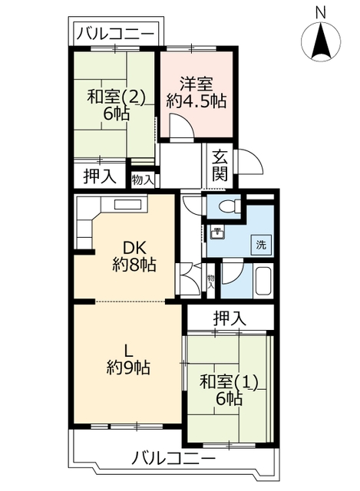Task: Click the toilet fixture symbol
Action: click(x=230, y=206)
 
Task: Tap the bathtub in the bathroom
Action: click(x=263, y=281)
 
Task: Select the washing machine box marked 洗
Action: click(x=261, y=245)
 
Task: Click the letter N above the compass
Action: click(x=321, y=13)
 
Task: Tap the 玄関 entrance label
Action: click(x=220, y=166)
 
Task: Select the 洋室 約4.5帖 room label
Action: click(x=197, y=92)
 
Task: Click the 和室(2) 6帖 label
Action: click(x=116, y=105)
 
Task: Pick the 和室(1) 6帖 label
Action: click(x=229, y=390)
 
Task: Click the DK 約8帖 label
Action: click(x=134, y=257)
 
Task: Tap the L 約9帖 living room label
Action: click(x=128, y=360)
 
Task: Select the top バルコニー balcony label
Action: click(x=115, y=34)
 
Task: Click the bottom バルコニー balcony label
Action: click(x=173, y=460)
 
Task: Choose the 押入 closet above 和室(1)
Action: click(x=230, y=319)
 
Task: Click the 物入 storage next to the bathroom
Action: click(x=211, y=282)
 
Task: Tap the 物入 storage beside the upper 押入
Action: click(x=143, y=180)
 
